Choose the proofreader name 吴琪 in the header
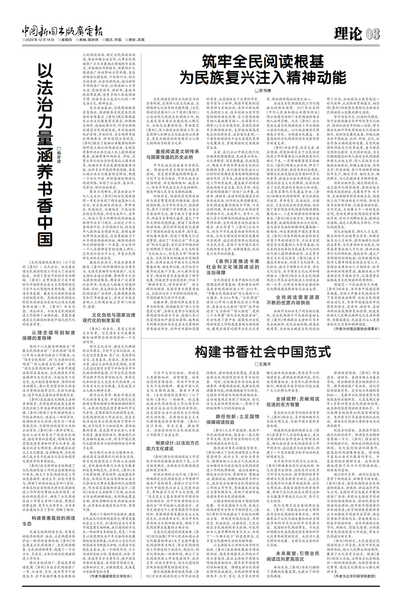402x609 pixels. (x=141, y=40)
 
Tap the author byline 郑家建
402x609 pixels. (x=59, y=155)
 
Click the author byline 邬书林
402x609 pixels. (x=263, y=90)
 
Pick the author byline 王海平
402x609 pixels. (x=263, y=364)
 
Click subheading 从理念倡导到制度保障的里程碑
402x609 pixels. (x=49, y=335)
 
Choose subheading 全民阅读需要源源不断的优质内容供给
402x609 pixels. (x=293, y=300)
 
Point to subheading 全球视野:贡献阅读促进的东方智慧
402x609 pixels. (x=293, y=402)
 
